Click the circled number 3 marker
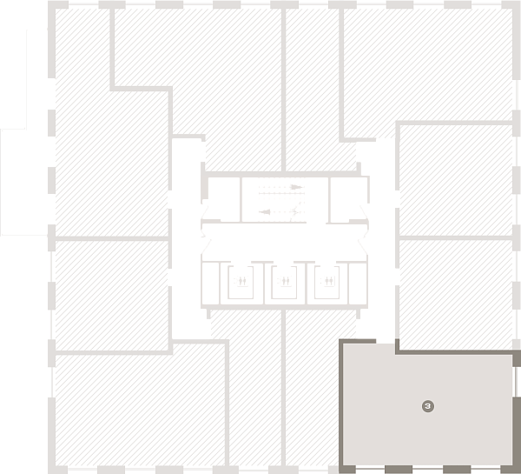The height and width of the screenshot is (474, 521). [x=428, y=406]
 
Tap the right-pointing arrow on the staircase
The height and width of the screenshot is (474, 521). [x=296, y=187]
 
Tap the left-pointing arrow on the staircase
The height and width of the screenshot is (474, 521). [x=265, y=212]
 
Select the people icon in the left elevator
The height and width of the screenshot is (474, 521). [x=242, y=281]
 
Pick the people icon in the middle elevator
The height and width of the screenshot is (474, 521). [x=286, y=281]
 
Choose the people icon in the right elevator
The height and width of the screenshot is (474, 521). [x=328, y=281]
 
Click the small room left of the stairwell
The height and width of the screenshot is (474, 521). [x=224, y=198]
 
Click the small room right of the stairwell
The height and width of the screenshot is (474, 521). [x=348, y=198]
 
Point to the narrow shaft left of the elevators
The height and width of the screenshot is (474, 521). [x=211, y=283]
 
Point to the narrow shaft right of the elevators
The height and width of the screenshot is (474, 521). [x=358, y=283]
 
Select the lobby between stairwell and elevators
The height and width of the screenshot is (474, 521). [x=285, y=242]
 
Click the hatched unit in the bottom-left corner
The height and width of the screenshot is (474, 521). [x=141, y=410]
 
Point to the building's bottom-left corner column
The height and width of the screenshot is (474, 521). [x=56, y=470]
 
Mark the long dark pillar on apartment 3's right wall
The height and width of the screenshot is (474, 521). [x=517, y=431]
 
